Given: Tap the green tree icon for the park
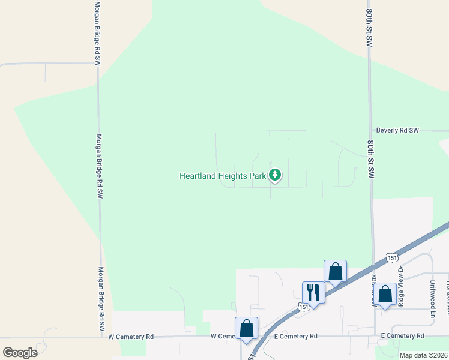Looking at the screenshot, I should (275, 175).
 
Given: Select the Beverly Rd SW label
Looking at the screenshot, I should (397, 130).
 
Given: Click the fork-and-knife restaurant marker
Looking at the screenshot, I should (313, 292).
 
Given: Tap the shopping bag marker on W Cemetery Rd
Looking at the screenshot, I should (246, 328).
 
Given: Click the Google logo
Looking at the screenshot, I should (20, 352).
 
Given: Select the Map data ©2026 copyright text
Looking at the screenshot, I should (423, 355).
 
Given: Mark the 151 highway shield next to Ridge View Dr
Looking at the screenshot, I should (391, 257).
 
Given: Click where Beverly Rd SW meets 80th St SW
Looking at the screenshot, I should (370, 130).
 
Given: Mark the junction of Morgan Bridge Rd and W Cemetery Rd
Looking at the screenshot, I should (102, 337).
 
